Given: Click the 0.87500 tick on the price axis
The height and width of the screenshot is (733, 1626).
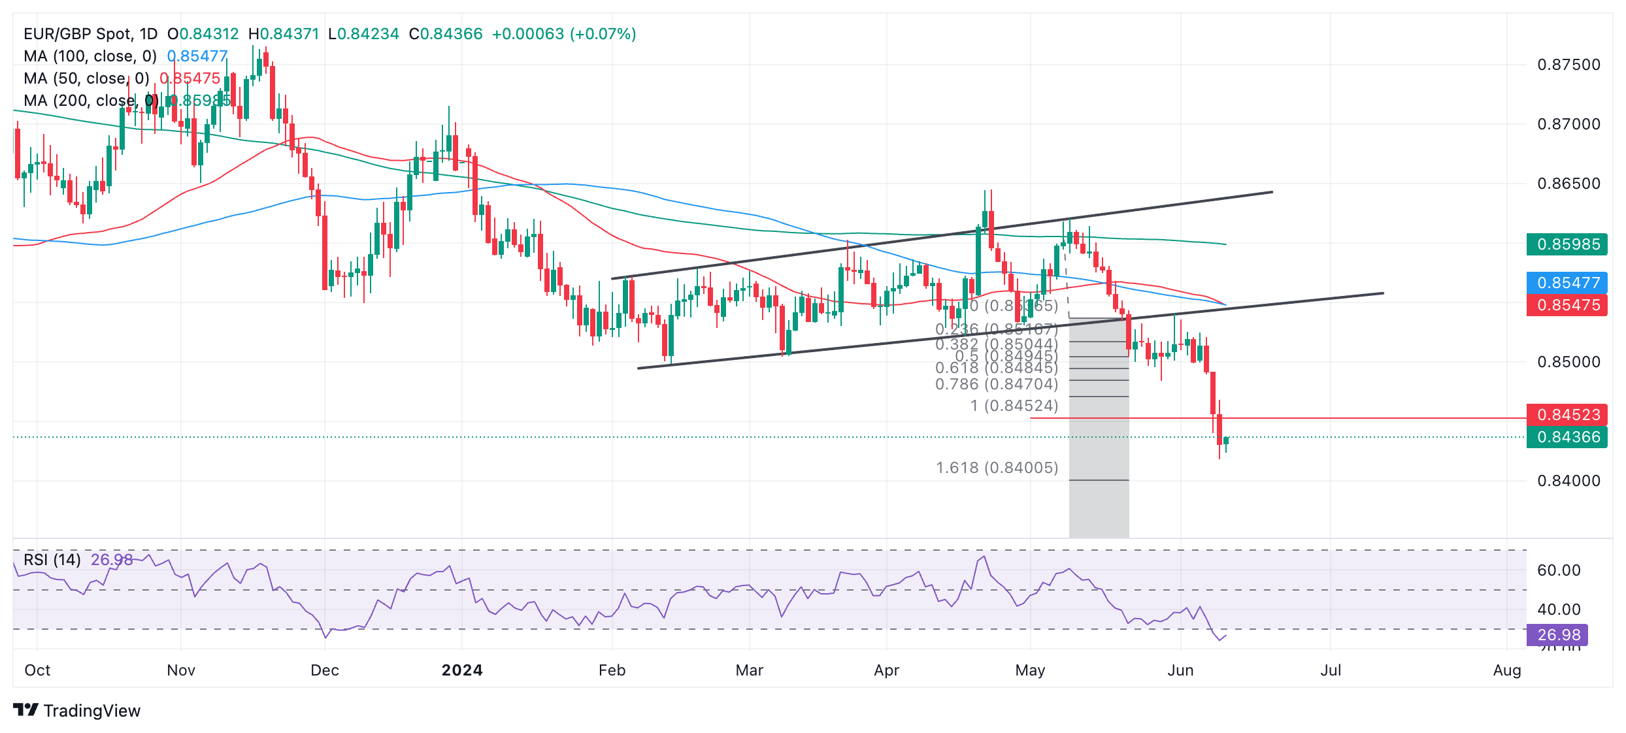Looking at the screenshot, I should pos(1568,65).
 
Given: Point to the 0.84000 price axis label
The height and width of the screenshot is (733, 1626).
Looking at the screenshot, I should pos(1568,481).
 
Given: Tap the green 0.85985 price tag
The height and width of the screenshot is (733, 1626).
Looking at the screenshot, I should pos(1567,244).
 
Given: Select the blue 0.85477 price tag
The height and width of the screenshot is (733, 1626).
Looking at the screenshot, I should pos(1567,283).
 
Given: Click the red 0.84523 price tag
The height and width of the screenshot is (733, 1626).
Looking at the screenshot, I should pos(1567,415).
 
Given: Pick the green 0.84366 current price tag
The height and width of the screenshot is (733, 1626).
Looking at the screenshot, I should pos(1567,437).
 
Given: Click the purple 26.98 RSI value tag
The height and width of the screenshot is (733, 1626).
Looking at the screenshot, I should pos(1558,634).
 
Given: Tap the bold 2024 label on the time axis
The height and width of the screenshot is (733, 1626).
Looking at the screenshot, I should pos(462,670).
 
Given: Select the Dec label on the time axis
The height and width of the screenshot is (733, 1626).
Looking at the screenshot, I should pos(325,670).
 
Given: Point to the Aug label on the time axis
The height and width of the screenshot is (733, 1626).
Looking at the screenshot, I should pos(1507,670).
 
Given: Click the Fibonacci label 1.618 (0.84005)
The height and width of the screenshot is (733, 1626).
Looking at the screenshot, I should pos(997,468).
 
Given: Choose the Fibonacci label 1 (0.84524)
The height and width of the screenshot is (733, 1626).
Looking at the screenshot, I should pos(1014,406).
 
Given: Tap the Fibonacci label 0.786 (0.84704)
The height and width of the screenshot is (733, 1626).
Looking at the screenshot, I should pos(996,384).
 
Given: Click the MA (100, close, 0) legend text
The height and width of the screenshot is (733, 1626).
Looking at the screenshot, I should pos(90,56).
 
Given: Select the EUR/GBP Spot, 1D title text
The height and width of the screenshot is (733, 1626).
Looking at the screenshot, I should pos(90,34).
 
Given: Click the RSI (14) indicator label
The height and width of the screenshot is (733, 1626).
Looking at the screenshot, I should pos(52,560).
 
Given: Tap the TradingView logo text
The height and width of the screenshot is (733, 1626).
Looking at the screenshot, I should pos(91,711).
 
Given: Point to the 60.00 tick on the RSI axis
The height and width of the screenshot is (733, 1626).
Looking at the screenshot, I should pos(1559,570).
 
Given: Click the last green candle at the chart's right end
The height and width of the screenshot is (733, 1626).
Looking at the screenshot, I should pos(1226,441).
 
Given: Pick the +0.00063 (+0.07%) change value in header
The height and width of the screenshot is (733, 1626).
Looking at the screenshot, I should pos(563,34).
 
